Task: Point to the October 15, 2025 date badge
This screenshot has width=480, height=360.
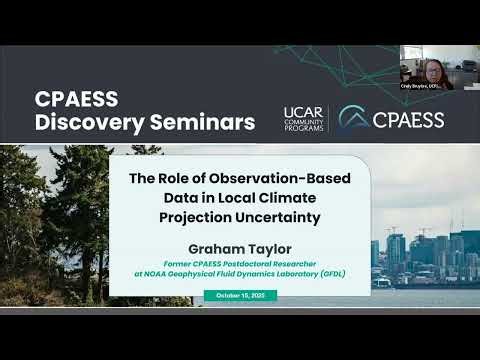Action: click(240, 294)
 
